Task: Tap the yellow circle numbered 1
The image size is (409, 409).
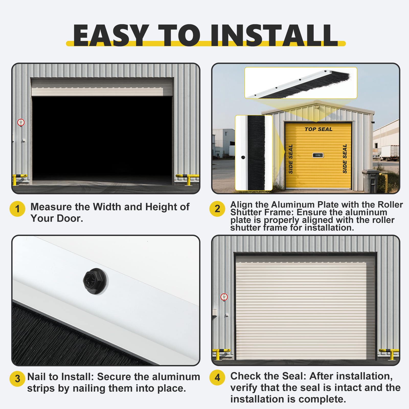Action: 17,209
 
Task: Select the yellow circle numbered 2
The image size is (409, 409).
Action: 217,209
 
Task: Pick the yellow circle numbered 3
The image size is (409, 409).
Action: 17,379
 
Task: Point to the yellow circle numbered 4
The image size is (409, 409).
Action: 217,378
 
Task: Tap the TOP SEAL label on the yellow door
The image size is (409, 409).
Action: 318,129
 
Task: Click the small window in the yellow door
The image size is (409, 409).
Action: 318,155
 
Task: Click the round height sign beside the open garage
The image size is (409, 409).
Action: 21,122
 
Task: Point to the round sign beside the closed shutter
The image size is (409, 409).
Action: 224,297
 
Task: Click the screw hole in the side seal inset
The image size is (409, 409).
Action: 243,157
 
